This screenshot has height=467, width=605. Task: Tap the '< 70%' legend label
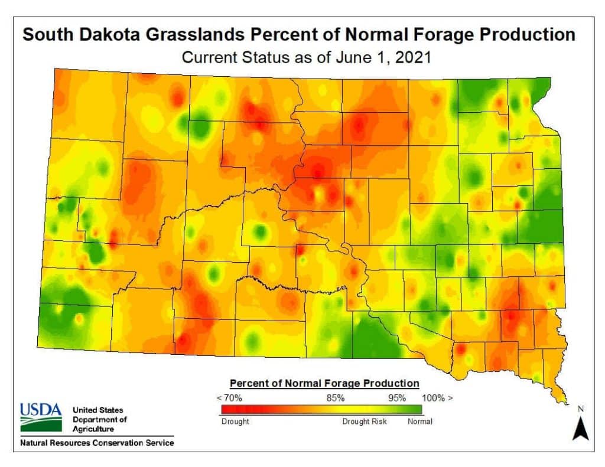tap(230, 397)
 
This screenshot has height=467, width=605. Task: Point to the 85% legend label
tap(336, 397)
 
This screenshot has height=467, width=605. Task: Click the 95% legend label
tap(396, 397)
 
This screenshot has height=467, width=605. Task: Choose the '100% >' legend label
tap(438, 397)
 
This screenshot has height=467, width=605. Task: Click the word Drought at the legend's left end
tap(235, 422)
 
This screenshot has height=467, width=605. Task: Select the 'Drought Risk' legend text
tap(366, 422)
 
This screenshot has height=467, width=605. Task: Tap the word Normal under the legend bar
tap(420, 422)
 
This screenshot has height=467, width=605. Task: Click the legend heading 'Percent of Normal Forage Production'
tap(324, 383)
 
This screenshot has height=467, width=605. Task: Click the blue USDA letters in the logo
tap(41, 409)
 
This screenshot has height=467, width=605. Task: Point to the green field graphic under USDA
tap(41, 423)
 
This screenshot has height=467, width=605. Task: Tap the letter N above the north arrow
tap(580, 409)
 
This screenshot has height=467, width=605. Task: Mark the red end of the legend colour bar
tap(227, 409)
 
